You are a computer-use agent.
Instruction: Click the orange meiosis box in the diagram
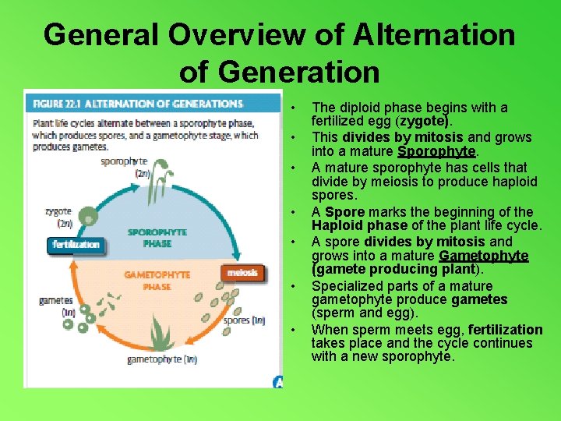[242, 273]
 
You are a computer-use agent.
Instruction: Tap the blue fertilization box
[76, 245]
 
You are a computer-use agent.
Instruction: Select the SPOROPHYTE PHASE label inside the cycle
[157, 237]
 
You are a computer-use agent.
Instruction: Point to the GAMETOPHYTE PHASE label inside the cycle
[157, 281]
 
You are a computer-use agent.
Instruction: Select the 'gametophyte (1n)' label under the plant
[162, 359]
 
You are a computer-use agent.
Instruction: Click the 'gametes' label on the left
[55, 300]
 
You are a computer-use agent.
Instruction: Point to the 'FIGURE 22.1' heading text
[56, 104]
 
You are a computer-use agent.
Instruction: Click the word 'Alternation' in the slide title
[432, 35]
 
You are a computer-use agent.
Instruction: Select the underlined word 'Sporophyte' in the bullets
[436, 151]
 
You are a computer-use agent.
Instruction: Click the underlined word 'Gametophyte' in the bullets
[484, 256]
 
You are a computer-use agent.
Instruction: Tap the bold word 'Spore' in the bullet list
[344, 211]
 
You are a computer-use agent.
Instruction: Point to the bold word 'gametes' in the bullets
[479, 300]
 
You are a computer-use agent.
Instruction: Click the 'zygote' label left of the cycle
[58, 210]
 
